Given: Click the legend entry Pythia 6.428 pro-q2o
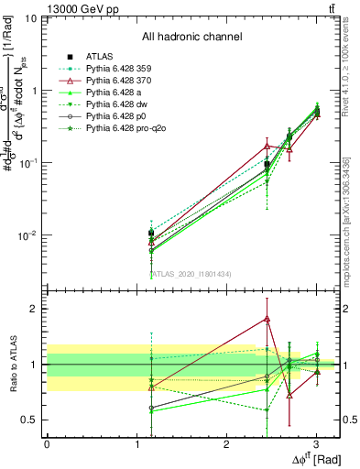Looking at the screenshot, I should click(125, 129).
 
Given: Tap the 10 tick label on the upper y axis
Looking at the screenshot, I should click(29, 18).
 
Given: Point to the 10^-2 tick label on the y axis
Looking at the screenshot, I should click(27, 235).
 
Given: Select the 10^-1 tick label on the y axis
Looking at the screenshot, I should click(27, 163).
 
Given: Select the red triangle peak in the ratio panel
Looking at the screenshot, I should click(267, 319).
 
